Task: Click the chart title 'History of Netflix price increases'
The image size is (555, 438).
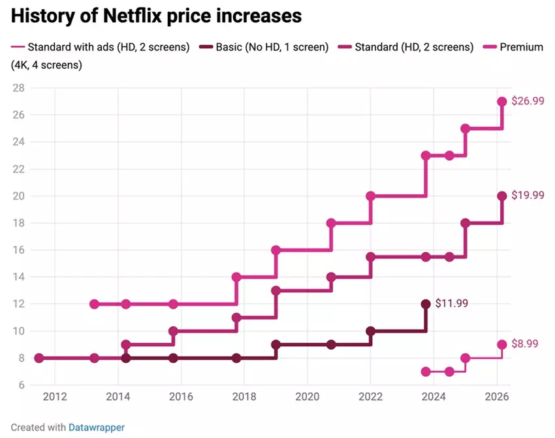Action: tap(157, 16)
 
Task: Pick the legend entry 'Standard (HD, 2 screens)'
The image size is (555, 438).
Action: tap(413, 47)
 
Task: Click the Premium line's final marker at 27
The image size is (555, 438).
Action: tap(502, 101)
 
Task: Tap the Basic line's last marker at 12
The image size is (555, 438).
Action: tap(426, 304)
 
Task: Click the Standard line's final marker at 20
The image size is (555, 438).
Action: tap(502, 196)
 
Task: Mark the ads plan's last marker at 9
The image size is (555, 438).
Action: tap(502, 345)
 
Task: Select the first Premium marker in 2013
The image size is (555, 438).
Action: tap(94, 304)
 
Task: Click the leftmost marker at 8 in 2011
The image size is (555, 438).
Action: tap(39, 358)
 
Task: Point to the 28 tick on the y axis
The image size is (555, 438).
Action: tap(18, 88)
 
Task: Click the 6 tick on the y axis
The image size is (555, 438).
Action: tap(21, 385)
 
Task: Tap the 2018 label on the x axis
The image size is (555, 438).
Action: tap(244, 397)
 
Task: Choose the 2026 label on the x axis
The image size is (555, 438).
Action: tap(496, 397)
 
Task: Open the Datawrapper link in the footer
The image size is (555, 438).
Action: tap(96, 427)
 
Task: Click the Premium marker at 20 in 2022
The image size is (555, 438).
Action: tap(370, 196)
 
